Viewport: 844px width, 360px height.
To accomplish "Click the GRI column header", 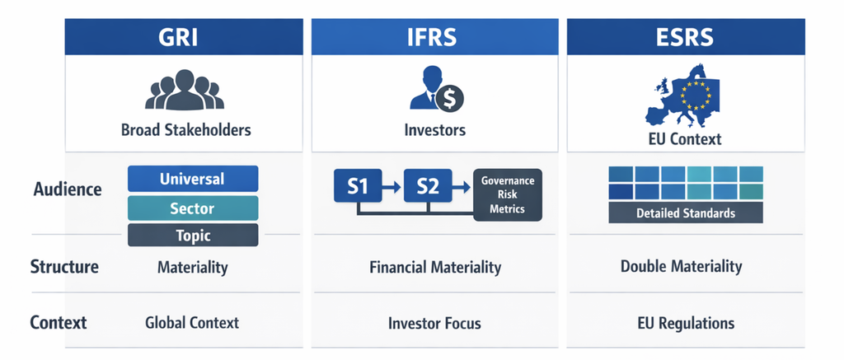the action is coord(184,36).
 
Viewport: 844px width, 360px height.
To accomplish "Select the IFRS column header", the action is coord(434,36).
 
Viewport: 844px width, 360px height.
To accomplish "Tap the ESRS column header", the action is coord(686,36).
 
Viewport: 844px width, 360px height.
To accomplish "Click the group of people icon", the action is coord(184,90).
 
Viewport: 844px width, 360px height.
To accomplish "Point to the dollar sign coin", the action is coord(449,99).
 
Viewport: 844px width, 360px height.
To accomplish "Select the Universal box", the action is coord(193,179).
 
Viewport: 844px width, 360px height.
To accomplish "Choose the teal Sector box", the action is coord(193,208).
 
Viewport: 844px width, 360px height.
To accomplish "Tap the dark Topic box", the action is coord(193,235).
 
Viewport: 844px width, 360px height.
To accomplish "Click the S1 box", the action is coord(358,186).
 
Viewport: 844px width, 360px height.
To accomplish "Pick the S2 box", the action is coord(428,186).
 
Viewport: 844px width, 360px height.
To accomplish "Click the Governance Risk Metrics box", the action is coord(508,194).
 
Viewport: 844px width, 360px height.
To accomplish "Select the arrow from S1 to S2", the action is coord(392,187).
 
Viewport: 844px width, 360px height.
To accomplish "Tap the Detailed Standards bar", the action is coord(686,213).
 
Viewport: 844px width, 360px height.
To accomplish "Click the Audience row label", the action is coord(68,189).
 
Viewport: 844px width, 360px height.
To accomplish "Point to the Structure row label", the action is coord(64,267).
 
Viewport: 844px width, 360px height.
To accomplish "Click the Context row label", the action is coord(59,322).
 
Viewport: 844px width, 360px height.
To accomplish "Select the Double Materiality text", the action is coord(681,266).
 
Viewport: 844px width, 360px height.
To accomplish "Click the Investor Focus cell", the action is coord(434,324).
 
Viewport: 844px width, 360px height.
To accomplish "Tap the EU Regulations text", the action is coord(686,324).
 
